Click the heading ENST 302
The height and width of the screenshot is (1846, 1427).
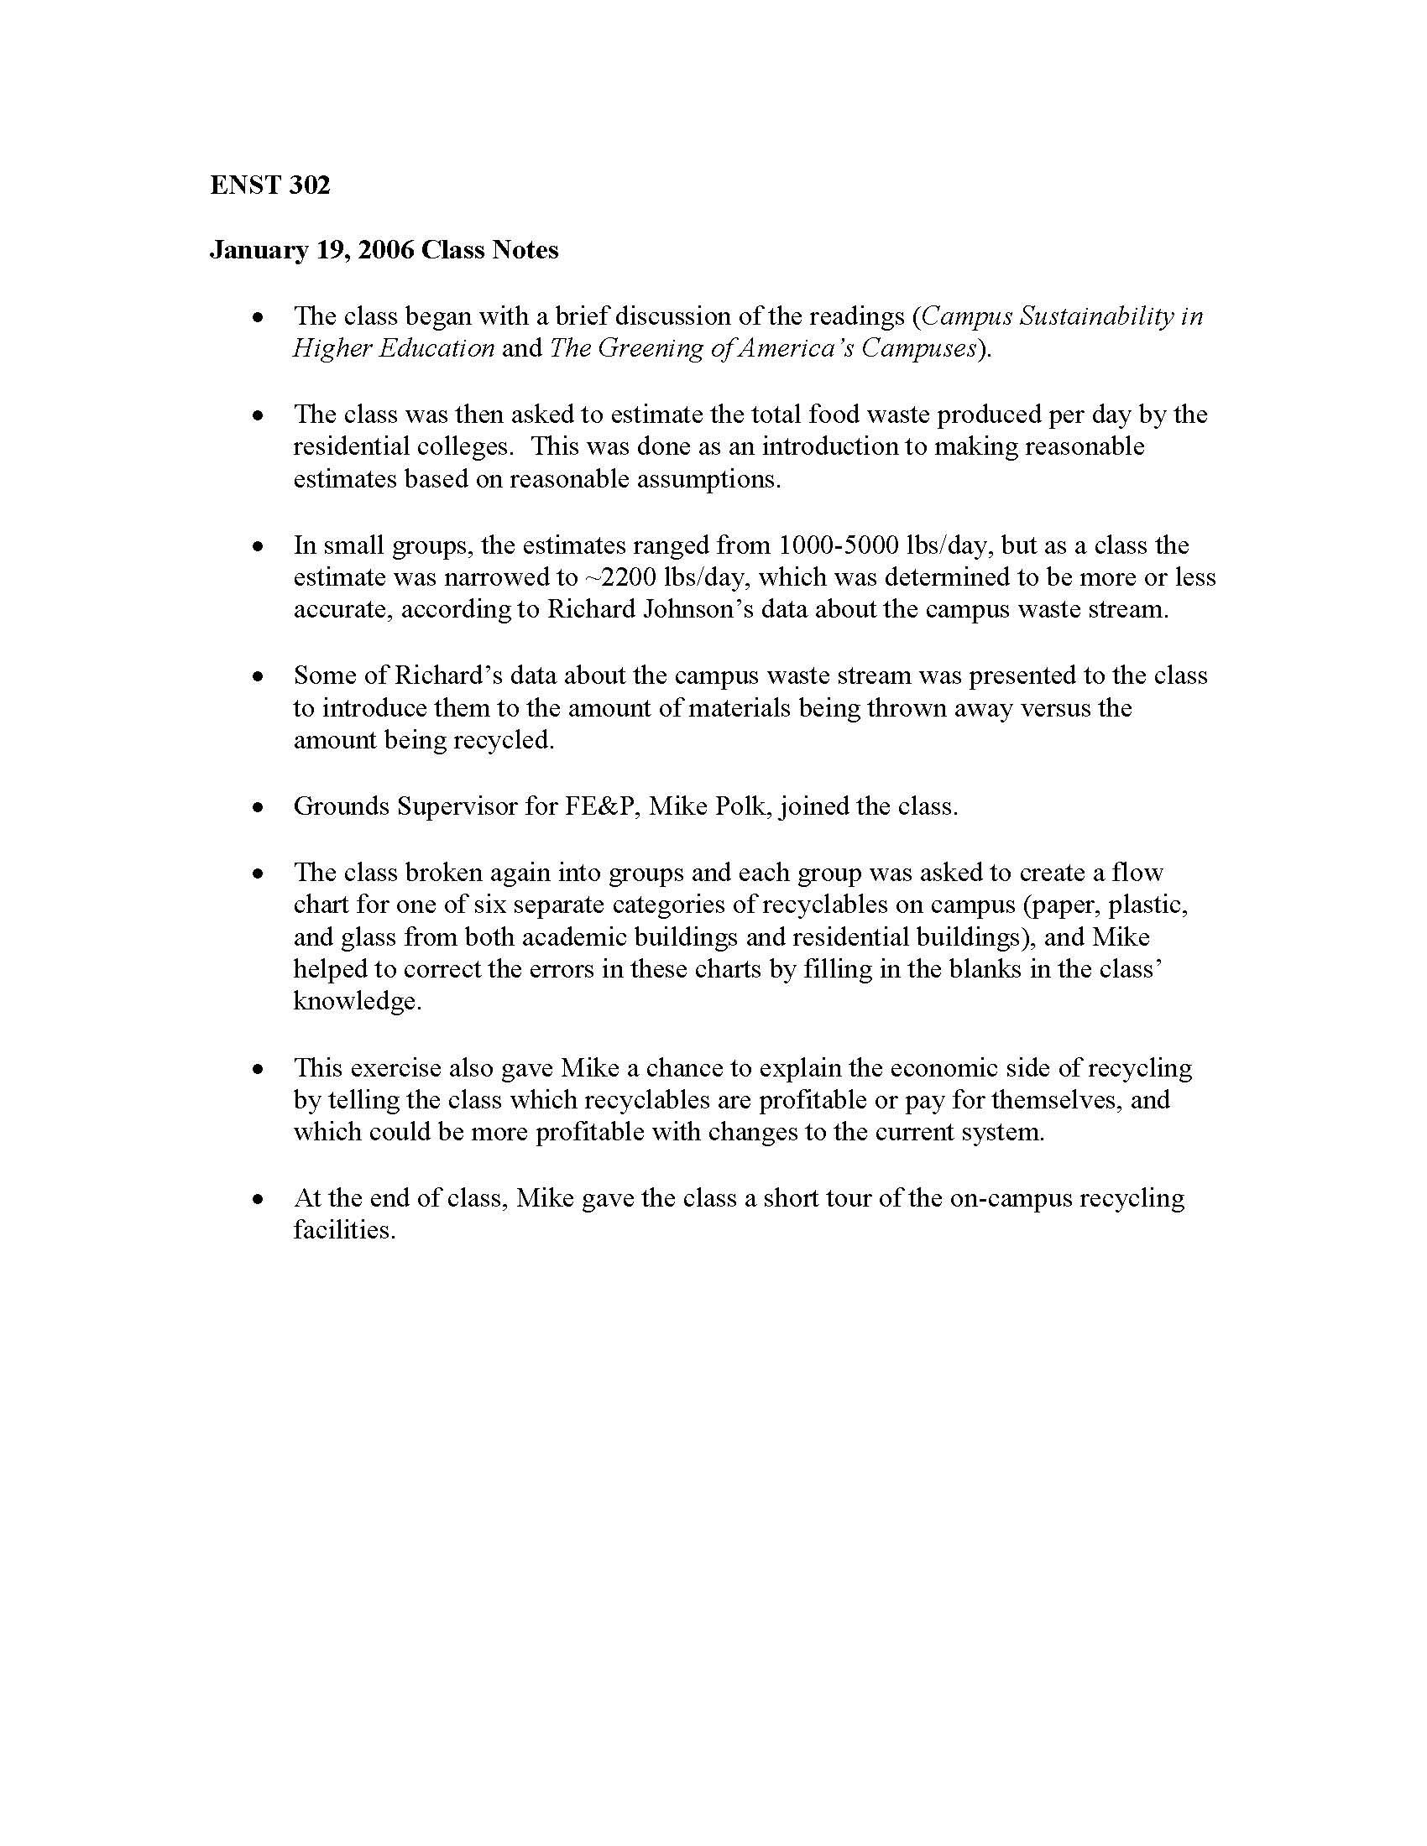click(269, 185)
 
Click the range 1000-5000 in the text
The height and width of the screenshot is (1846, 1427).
click(839, 545)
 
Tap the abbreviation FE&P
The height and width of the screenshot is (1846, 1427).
click(599, 806)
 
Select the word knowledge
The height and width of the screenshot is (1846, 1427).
click(357, 1003)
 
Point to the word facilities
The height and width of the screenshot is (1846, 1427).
click(344, 1231)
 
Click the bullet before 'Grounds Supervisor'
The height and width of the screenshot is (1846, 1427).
click(259, 807)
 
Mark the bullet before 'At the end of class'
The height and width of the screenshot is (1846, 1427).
click(259, 1199)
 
